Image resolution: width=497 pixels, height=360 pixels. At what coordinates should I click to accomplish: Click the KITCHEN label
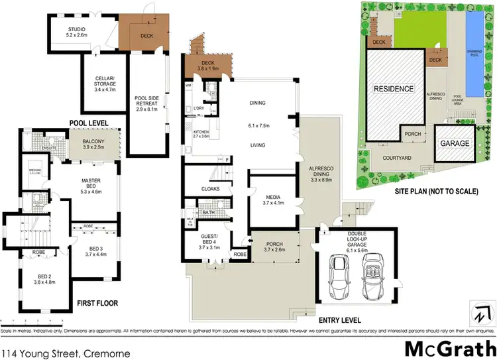pyautogui.click(x=201, y=134)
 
